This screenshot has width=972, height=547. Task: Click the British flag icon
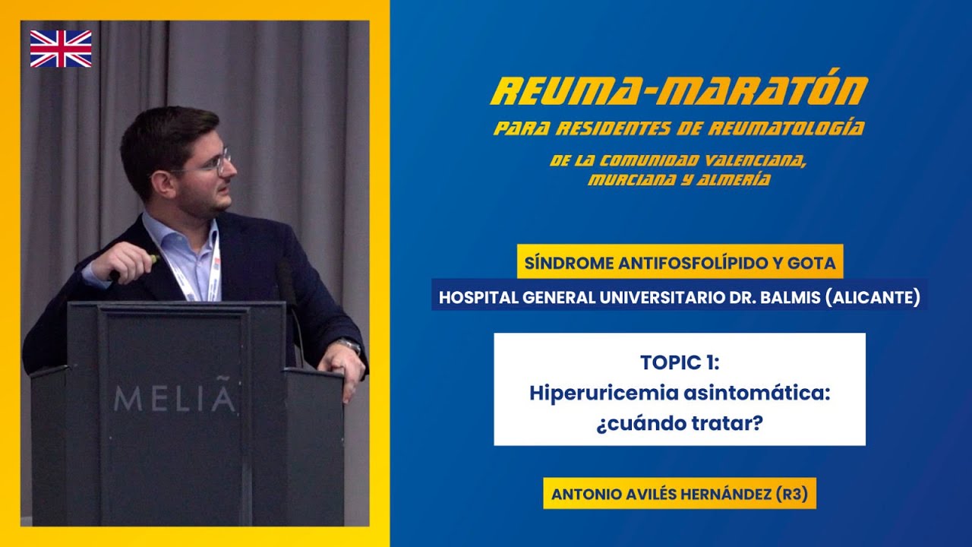click(61, 49)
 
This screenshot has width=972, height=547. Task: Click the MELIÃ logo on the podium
click(175, 398)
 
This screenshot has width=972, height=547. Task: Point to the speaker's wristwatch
click(349, 346)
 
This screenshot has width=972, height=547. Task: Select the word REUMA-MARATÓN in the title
click(679, 91)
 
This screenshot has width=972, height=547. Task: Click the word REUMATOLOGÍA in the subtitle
click(786, 128)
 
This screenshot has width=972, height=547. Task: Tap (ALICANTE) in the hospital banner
click(873, 297)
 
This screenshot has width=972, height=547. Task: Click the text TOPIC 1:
click(679, 362)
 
